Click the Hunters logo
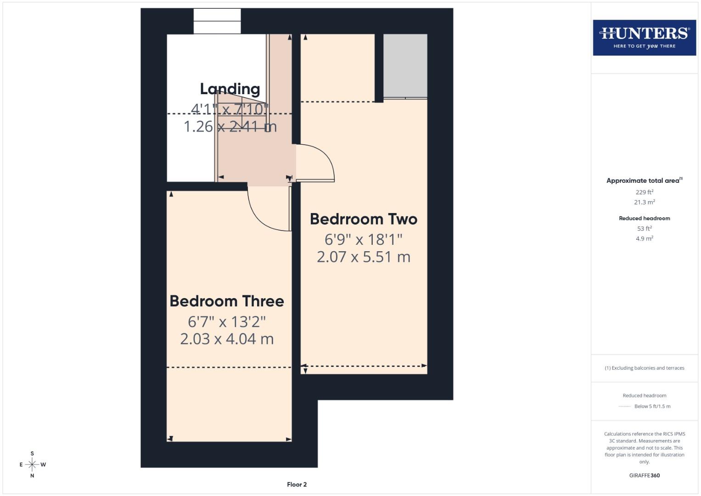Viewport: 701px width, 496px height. click(x=644, y=37)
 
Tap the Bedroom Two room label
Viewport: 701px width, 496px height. click(x=364, y=219)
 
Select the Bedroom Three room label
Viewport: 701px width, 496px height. click(x=227, y=301)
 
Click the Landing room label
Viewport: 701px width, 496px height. click(x=230, y=89)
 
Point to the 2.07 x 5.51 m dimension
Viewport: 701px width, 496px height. click(x=364, y=257)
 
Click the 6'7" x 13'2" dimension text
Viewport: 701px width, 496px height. click(x=227, y=321)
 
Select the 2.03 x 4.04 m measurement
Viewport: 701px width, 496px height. click(x=227, y=339)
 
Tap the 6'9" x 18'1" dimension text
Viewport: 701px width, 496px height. click(x=364, y=239)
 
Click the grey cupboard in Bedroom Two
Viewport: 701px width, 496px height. click(x=405, y=66)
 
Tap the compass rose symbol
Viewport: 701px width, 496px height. click(x=32, y=464)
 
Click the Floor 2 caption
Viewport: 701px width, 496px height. click(x=297, y=485)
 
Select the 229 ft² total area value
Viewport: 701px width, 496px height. click(x=644, y=192)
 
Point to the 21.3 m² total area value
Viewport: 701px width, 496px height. click(x=644, y=202)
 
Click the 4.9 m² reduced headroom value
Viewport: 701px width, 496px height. click(x=644, y=238)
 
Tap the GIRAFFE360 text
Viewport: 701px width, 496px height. click(x=644, y=475)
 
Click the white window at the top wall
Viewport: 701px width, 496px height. click(x=217, y=21)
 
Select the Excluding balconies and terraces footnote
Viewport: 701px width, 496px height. click(x=644, y=368)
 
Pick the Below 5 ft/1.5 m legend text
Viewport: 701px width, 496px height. click(x=652, y=406)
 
